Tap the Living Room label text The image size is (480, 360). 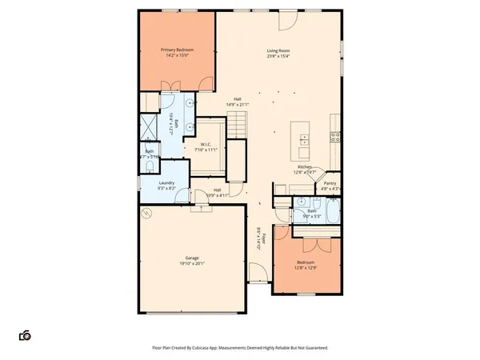[278, 51]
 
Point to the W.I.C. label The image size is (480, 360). [206, 144]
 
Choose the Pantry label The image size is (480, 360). [330, 183]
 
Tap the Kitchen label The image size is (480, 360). [306, 166]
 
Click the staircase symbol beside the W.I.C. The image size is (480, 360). [236, 124]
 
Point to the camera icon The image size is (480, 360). [26, 335]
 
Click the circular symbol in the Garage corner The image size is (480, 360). [146, 214]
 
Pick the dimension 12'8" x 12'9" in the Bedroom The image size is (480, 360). [306, 268]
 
